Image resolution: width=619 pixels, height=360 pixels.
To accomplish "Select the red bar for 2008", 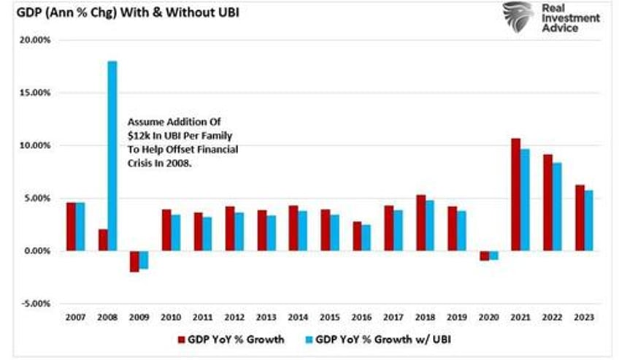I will pyautogui.click(x=103, y=240).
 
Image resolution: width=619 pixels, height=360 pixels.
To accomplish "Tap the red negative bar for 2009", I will pyautogui.click(x=134, y=261).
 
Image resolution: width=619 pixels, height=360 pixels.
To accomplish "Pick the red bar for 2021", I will pyautogui.click(x=515, y=194).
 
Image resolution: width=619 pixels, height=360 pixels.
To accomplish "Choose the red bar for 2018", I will pyautogui.click(x=420, y=223).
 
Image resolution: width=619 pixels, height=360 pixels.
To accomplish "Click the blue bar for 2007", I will pyautogui.click(x=80, y=226).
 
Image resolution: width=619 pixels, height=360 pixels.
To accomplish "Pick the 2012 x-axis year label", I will pyautogui.click(x=234, y=318).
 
